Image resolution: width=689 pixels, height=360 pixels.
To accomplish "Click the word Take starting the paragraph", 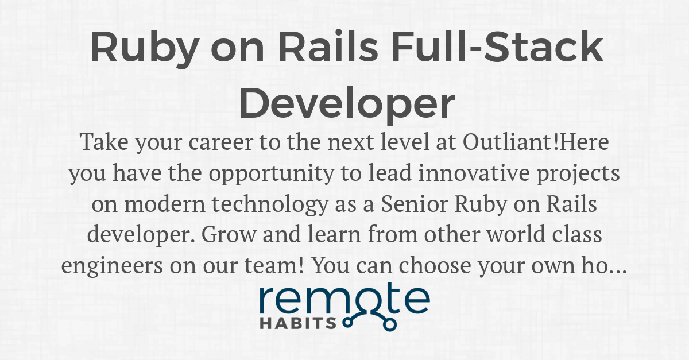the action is pos(104,142).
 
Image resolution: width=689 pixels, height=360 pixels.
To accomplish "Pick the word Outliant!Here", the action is pos(536,142).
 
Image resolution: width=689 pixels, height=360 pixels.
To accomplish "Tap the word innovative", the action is pos(474,173).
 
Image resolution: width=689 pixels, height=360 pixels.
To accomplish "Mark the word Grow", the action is pos(229,234).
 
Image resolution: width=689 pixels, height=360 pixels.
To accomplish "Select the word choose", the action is pos(435,265).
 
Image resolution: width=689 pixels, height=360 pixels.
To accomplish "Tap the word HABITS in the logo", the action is pos(298,323).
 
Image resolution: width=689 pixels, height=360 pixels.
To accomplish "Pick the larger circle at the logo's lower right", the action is pos(390,324).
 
